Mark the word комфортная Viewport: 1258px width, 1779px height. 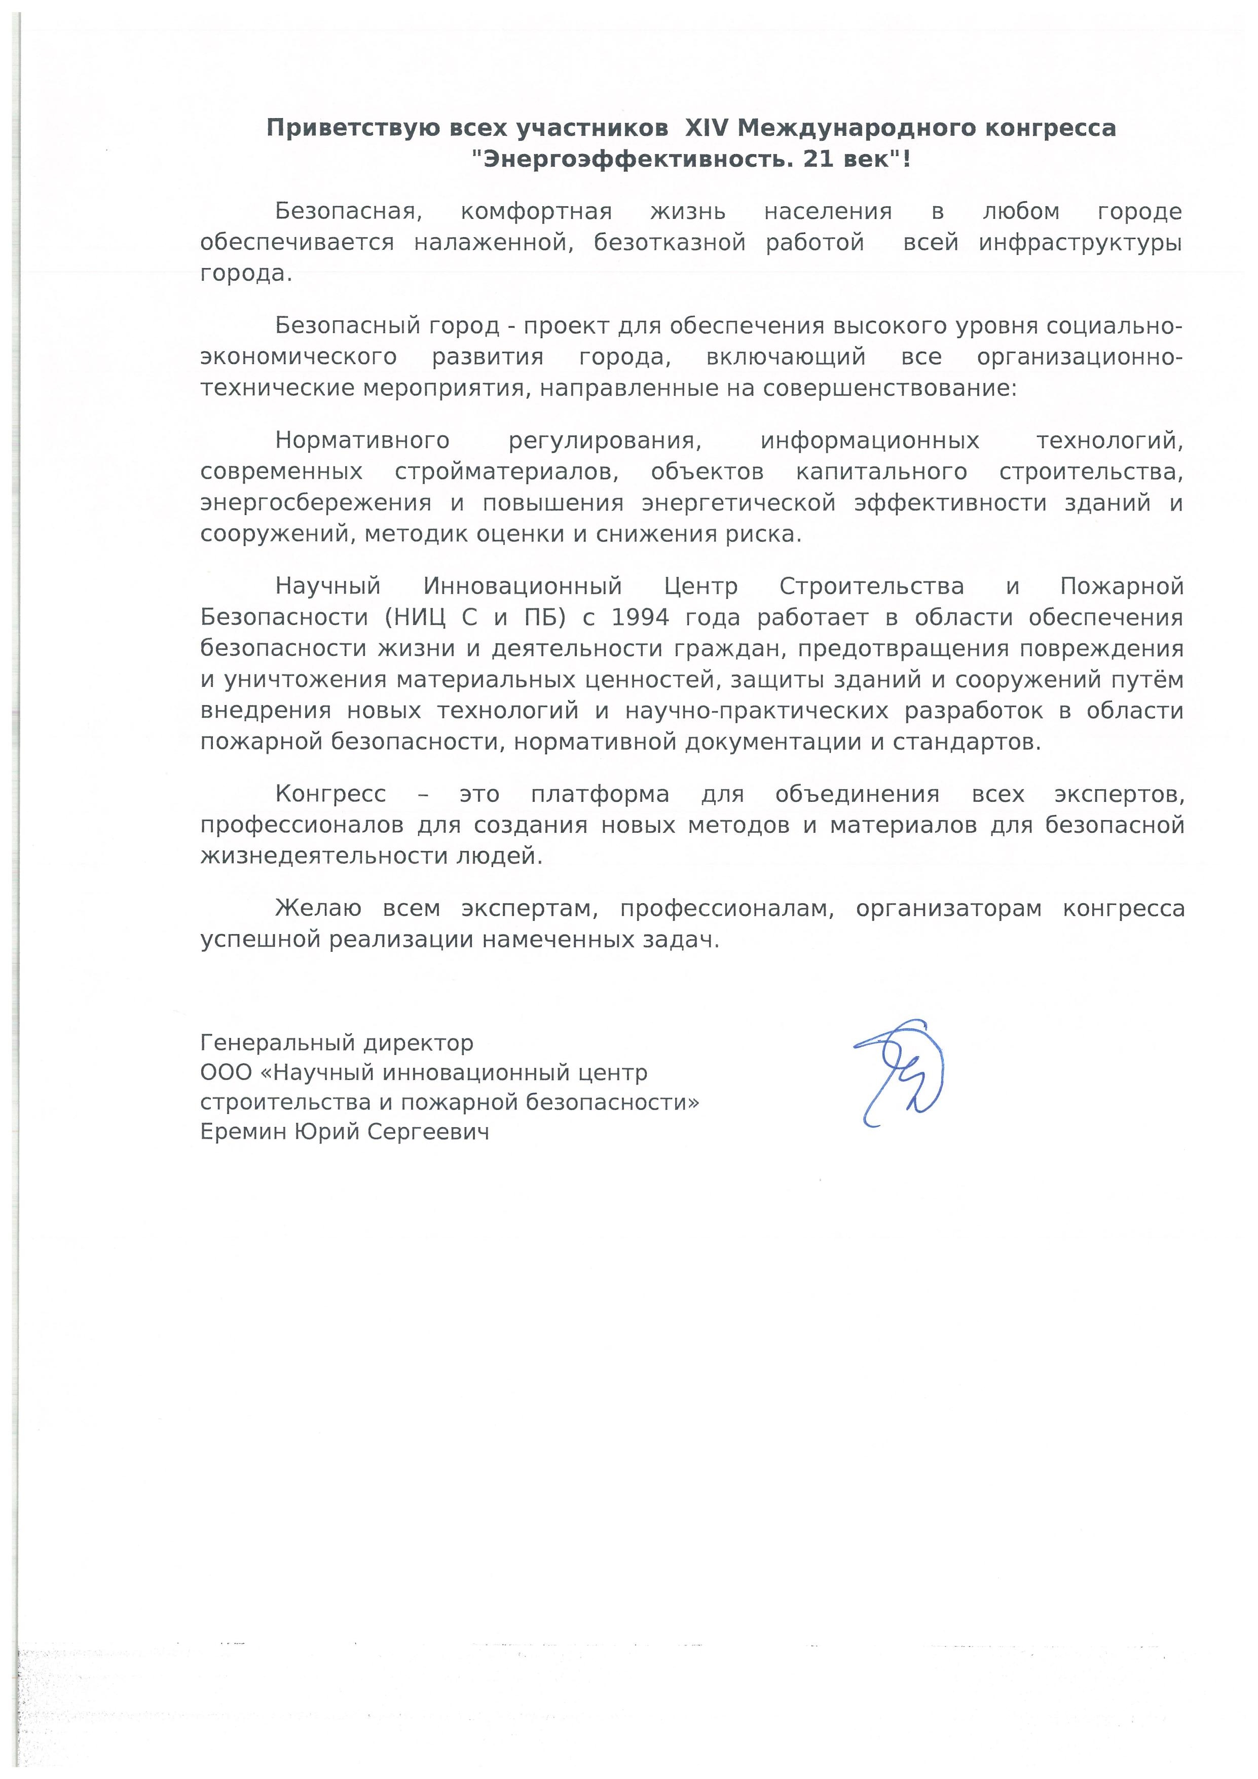pyautogui.click(x=536, y=211)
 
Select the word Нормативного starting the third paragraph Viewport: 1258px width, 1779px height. pyautogui.click(x=362, y=441)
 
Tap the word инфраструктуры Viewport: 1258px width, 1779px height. pyautogui.click(x=1080, y=242)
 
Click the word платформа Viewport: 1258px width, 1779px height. pyautogui.click(x=600, y=794)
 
